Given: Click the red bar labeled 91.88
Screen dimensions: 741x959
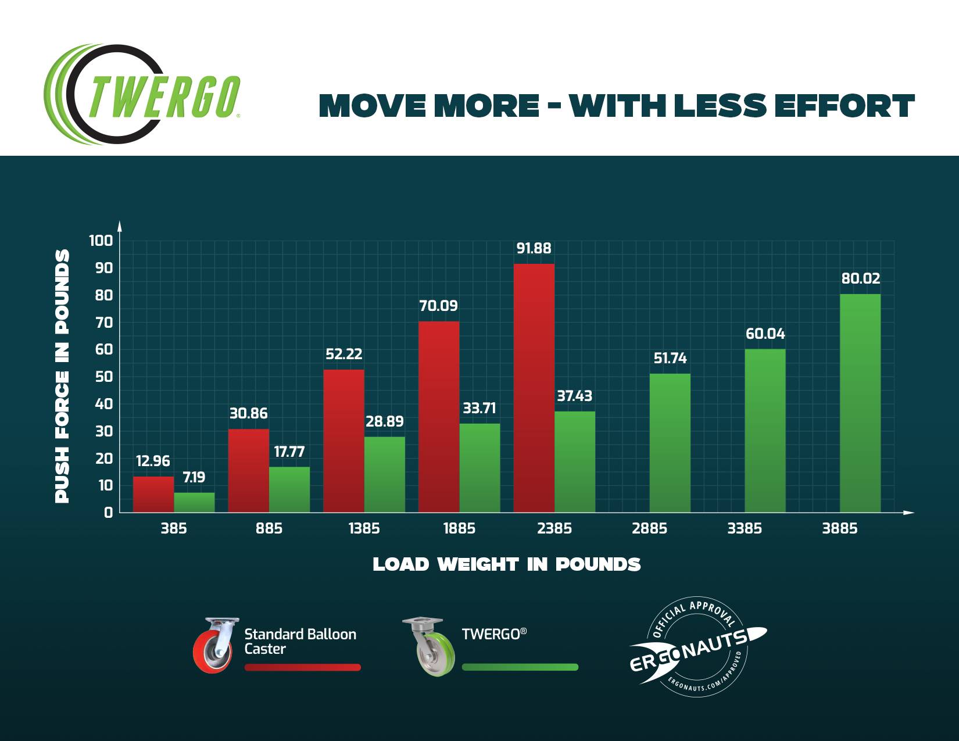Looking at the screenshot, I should click(x=534, y=388).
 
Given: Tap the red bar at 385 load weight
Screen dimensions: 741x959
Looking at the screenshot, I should click(x=153, y=494).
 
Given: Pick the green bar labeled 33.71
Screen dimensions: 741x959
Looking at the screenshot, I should click(x=479, y=468).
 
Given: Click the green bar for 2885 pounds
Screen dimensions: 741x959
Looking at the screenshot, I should click(x=670, y=443).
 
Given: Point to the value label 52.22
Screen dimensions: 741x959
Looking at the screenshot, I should click(x=343, y=354).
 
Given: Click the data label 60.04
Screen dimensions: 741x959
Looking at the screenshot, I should click(x=765, y=334).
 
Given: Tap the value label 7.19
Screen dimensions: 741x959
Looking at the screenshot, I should click(x=194, y=477).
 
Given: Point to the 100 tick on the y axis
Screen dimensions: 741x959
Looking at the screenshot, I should click(x=101, y=241).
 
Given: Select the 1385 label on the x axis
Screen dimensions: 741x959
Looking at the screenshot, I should click(x=364, y=528).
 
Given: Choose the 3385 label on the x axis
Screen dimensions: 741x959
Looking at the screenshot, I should click(x=745, y=528).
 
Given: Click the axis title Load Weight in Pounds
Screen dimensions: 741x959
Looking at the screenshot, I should click(x=506, y=564).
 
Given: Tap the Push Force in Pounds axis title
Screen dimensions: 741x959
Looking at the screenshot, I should click(x=62, y=376).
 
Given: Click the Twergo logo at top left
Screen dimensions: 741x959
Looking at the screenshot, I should click(x=142, y=95).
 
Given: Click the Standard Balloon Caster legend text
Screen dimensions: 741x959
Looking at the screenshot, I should click(x=300, y=641).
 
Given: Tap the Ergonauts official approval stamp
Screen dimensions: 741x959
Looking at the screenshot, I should click(x=697, y=647).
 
